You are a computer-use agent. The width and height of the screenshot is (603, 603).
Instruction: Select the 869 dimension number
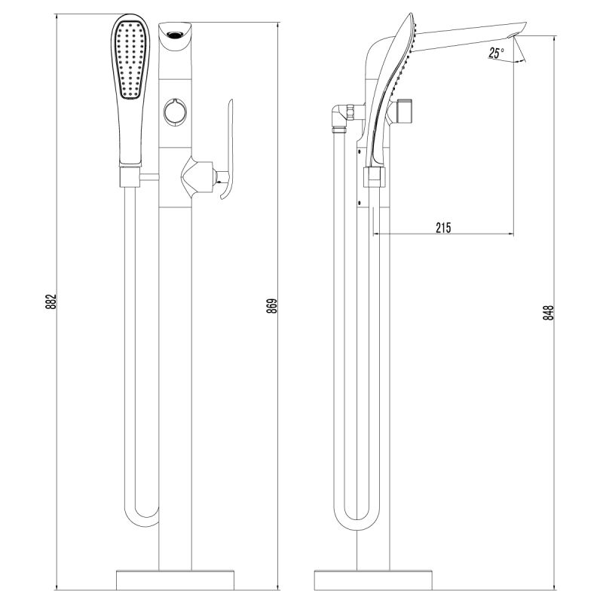click(273, 305)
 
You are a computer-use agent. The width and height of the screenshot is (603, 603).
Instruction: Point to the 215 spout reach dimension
click(443, 228)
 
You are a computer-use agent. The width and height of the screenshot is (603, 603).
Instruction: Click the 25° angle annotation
click(495, 53)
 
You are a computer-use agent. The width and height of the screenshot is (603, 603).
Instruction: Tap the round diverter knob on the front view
click(176, 111)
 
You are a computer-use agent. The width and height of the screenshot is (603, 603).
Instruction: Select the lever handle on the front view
click(228, 151)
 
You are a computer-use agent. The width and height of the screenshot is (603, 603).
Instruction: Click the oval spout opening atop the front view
click(176, 32)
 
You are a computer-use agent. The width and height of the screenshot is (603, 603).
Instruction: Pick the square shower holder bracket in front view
click(130, 177)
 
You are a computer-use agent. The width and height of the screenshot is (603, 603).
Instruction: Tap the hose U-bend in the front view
click(142, 520)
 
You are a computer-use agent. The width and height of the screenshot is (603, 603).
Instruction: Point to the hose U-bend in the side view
click(354, 520)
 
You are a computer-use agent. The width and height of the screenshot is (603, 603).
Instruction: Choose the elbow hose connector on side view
click(344, 117)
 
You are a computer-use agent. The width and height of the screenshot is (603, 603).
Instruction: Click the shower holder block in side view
click(375, 178)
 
